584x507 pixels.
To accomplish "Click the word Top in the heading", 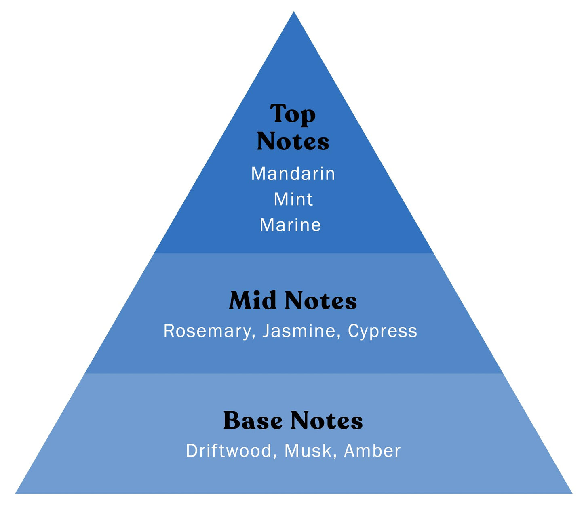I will coord(293,114).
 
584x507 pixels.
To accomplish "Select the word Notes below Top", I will coord(293,141).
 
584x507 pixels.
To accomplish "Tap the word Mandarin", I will coord(293,174).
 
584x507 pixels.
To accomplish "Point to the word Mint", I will coord(293,199).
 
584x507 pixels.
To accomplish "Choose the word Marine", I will coord(290,225).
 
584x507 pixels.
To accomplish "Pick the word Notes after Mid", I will coord(320,301).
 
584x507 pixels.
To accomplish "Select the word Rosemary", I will coord(207,331).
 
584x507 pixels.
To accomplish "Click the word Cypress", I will coord(382,331).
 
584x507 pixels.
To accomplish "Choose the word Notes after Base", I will coord(327,421).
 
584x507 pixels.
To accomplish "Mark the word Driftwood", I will coord(229,450).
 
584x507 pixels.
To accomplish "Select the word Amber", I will coord(372,450).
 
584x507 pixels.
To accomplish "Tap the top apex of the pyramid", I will coord(294,12).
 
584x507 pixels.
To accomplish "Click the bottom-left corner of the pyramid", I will coord(16,493).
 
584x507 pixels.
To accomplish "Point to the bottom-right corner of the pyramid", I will coord(571,493).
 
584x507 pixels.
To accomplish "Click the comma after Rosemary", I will coord(253,337).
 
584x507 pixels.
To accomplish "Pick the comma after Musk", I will coord(335,456).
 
